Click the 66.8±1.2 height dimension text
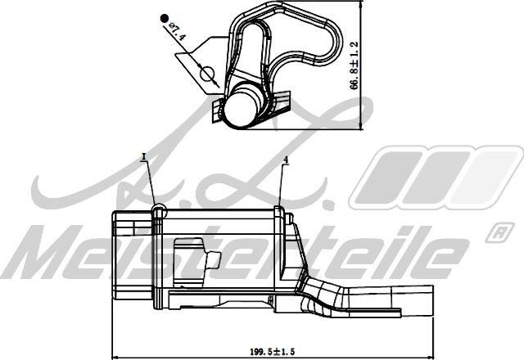coord(355,65)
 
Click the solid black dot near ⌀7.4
coord(164,16)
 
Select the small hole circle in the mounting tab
coord(206,76)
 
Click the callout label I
coord(144,155)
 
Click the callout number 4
coord(286,161)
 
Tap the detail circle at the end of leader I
coord(159,212)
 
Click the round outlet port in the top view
coord(243,105)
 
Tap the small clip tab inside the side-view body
coord(211,261)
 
